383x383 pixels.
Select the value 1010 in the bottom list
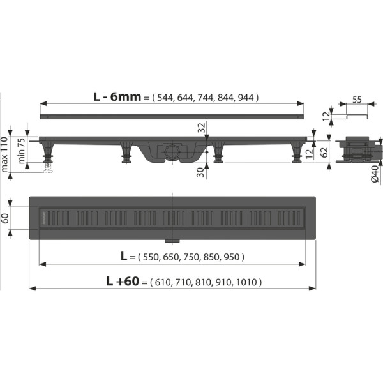(x=248, y=282)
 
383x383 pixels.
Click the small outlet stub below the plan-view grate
(x=173, y=241)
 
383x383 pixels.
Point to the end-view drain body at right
(x=354, y=151)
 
